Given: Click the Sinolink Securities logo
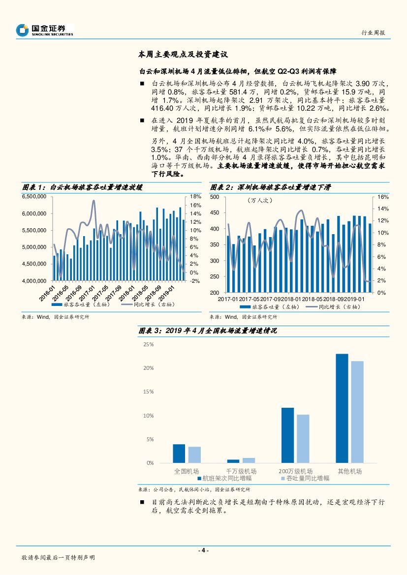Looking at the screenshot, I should pyautogui.click(x=44, y=30).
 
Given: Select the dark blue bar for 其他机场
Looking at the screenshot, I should pyautogui.click(x=342, y=408).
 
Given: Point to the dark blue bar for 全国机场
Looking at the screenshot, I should pyautogui.click(x=179, y=454).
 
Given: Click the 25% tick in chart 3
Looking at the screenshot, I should pyautogui.click(x=148, y=344).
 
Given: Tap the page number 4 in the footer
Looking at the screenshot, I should pyautogui.click(x=203, y=550).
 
